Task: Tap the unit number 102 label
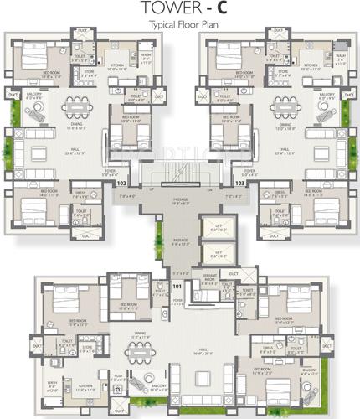122,180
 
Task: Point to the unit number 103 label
240,180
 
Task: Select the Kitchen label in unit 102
115,67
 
